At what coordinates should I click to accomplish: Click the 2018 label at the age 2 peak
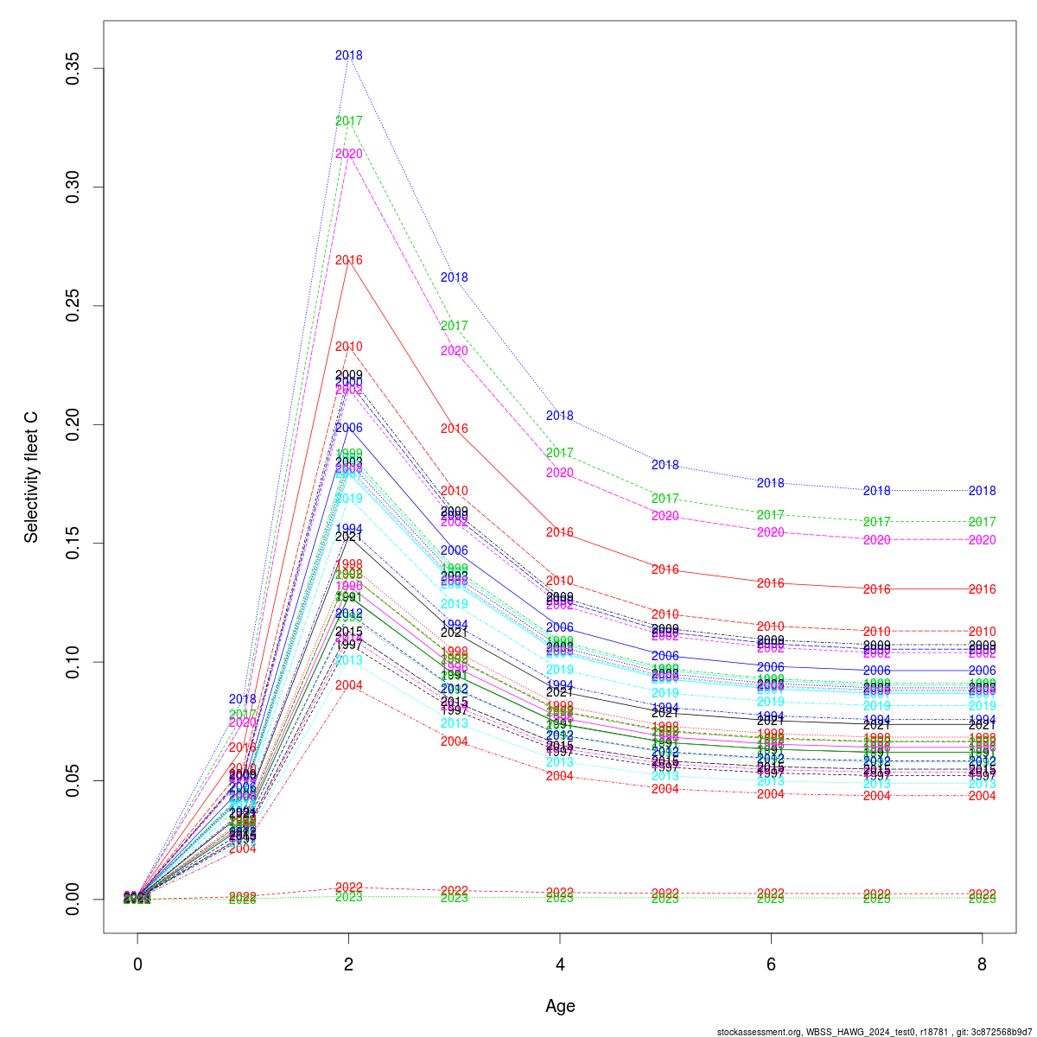[x=348, y=55]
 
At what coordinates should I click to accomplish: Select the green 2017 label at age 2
[x=348, y=121]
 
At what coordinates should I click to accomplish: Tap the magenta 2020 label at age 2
[x=348, y=154]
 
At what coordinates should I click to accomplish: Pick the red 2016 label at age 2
[x=348, y=260]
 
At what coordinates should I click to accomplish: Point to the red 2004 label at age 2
[x=348, y=685]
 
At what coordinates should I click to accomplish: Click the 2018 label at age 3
[x=454, y=277]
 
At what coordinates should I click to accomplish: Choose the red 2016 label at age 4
[x=560, y=532]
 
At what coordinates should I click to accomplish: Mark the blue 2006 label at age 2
[x=348, y=428]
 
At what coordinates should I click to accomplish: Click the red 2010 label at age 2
[x=348, y=347]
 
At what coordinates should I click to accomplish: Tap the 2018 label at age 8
[x=982, y=491]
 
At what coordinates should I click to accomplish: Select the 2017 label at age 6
[x=771, y=515]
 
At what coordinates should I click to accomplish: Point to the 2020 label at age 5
[x=665, y=516]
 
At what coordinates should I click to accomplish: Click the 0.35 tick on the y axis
[x=73, y=68]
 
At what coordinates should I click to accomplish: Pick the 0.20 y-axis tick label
[x=73, y=424]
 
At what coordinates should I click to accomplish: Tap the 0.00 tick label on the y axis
[x=73, y=899]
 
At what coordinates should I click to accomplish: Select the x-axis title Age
[x=560, y=1006]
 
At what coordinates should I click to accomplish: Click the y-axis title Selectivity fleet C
[x=32, y=477]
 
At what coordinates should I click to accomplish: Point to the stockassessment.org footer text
[x=875, y=1031]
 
